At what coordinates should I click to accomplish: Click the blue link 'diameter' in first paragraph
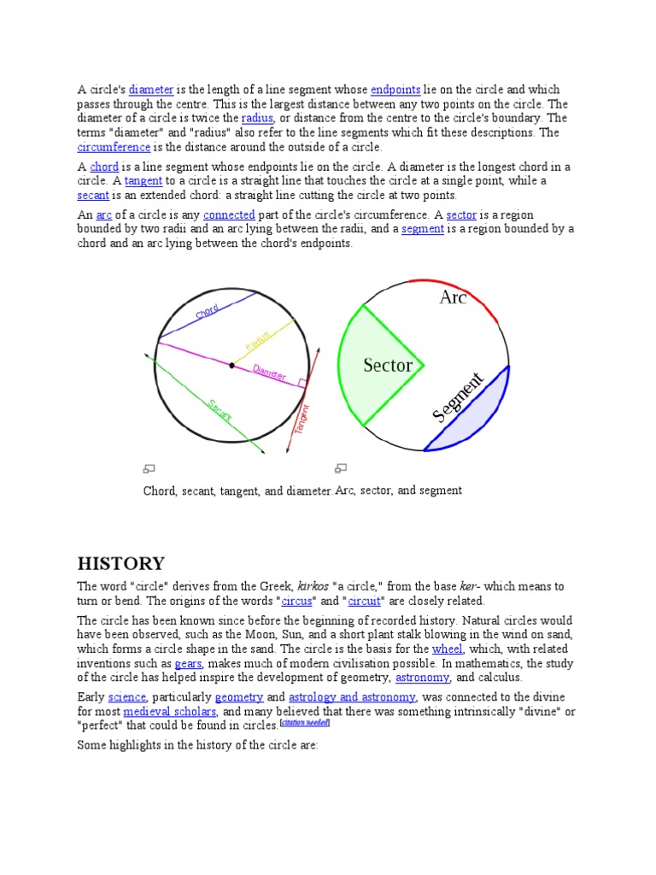pos(151,90)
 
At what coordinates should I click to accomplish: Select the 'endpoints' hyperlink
pos(395,90)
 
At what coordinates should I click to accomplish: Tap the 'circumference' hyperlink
pos(114,147)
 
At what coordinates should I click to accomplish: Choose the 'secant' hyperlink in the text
pos(93,196)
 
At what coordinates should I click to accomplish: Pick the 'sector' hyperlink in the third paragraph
pos(460,215)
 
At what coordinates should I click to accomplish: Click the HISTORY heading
pos(120,563)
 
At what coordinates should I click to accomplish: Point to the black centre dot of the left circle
pos(231,366)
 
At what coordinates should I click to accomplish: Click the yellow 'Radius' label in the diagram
pos(257,339)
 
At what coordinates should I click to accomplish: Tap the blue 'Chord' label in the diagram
pos(207,312)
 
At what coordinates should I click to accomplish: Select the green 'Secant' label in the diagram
pos(220,409)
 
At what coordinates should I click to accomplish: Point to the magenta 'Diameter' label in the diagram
pos(269,373)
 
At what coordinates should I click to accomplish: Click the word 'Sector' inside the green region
pos(388,366)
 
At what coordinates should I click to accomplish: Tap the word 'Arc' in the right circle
pos(453,297)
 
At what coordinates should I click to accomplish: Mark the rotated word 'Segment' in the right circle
pos(458,397)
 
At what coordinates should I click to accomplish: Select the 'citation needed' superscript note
pos(305,724)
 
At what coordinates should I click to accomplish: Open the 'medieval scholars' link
pos(169,712)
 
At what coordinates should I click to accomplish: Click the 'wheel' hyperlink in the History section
pos(447,649)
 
